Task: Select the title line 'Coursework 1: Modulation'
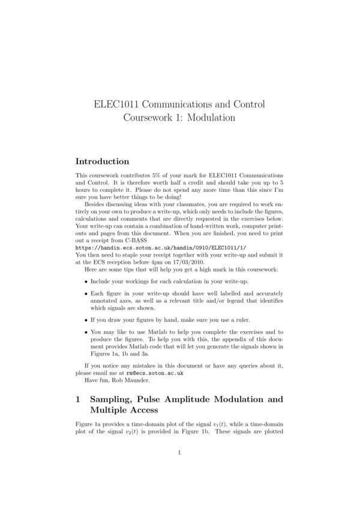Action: tap(179, 118)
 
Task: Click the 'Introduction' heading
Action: tap(102, 161)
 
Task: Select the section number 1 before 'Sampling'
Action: tap(79, 398)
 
